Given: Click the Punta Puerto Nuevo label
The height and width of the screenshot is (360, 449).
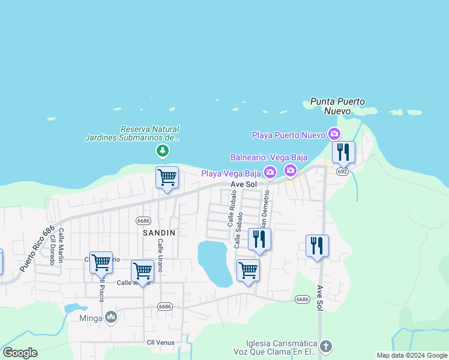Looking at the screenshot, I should (338, 106).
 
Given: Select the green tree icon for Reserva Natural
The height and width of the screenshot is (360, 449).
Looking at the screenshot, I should (161, 150).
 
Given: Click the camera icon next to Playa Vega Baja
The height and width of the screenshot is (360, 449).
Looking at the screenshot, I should (270, 173).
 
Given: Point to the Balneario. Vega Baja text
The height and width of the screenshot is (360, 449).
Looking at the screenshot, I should (269, 157).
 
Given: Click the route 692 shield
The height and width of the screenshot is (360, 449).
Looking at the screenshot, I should (342, 171).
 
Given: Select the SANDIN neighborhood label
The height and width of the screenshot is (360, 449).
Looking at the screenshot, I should (158, 232).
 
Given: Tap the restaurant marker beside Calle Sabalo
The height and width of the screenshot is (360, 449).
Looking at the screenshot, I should (259, 239).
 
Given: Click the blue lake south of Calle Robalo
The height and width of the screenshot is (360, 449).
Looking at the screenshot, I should (215, 263).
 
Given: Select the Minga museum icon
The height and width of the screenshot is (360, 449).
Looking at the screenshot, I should (110, 317).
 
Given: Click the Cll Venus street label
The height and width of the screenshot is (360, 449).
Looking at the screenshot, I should (159, 342).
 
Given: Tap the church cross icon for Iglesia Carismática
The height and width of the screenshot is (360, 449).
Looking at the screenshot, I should (325, 346).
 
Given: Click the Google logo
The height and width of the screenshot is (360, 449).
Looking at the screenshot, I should (20, 353).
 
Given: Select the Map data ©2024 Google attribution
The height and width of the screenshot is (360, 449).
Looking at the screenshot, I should (411, 355).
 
